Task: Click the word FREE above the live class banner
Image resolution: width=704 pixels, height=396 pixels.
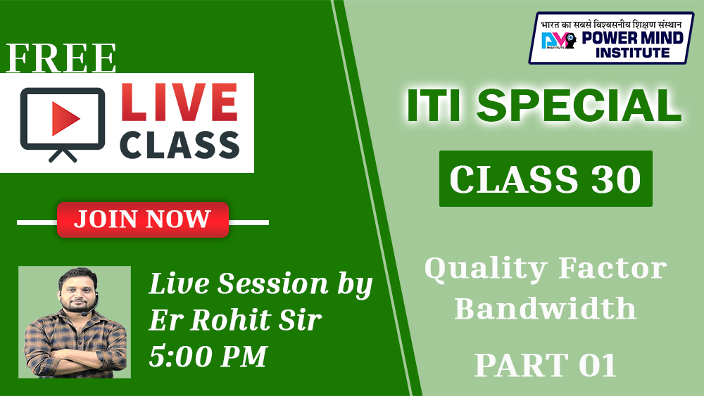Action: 61,58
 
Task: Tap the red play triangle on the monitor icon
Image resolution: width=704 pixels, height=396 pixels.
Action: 65,118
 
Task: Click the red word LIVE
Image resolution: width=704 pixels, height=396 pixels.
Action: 179,103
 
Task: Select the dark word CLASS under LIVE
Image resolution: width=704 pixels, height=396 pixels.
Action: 179,145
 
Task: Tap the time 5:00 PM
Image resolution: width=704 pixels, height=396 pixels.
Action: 208,357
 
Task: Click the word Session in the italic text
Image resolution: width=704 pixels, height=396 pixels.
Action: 273,284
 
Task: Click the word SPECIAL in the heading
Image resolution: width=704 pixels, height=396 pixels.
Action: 579,106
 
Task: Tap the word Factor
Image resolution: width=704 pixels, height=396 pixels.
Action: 613,268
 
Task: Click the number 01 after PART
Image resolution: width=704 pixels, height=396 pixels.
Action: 598,365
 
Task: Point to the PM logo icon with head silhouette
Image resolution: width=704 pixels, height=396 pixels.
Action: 558,40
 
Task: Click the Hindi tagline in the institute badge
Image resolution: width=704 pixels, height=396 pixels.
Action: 610,24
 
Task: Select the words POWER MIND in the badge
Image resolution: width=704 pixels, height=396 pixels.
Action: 633,38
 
